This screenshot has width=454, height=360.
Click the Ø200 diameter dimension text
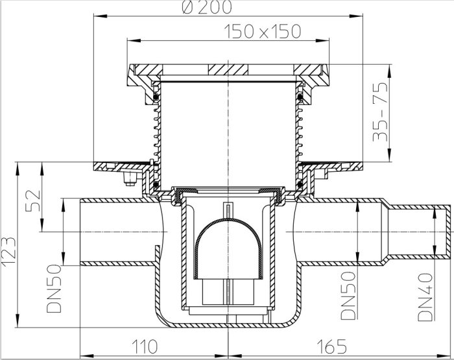tap(208, 7)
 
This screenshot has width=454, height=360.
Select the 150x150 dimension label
tap(263, 32)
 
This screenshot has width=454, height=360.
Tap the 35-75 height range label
tap(380, 112)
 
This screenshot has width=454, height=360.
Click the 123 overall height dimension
tap(8, 251)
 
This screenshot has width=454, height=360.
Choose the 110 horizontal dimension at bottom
tap(145, 346)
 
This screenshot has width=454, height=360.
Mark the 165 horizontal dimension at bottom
tap(332, 346)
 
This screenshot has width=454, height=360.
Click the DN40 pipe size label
tap(425, 297)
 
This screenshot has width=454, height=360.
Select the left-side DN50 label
tap(54, 289)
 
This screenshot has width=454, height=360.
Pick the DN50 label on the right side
tap(348, 295)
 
